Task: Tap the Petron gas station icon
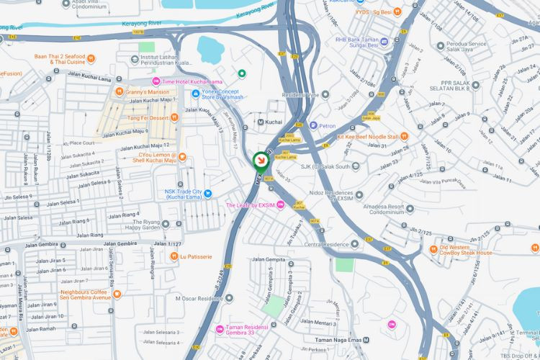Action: (314, 125)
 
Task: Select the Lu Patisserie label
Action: (196, 256)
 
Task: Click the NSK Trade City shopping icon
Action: (207, 193)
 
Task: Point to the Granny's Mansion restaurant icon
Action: (119, 91)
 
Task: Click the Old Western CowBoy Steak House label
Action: (466, 249)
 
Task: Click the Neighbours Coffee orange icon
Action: (117, 293)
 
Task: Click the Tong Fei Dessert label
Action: (147, 117)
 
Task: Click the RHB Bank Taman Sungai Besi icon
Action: (384, 41)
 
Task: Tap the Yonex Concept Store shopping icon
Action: (196, 93)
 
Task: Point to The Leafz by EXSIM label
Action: (251, 206)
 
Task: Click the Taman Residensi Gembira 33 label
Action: (252, 329)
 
